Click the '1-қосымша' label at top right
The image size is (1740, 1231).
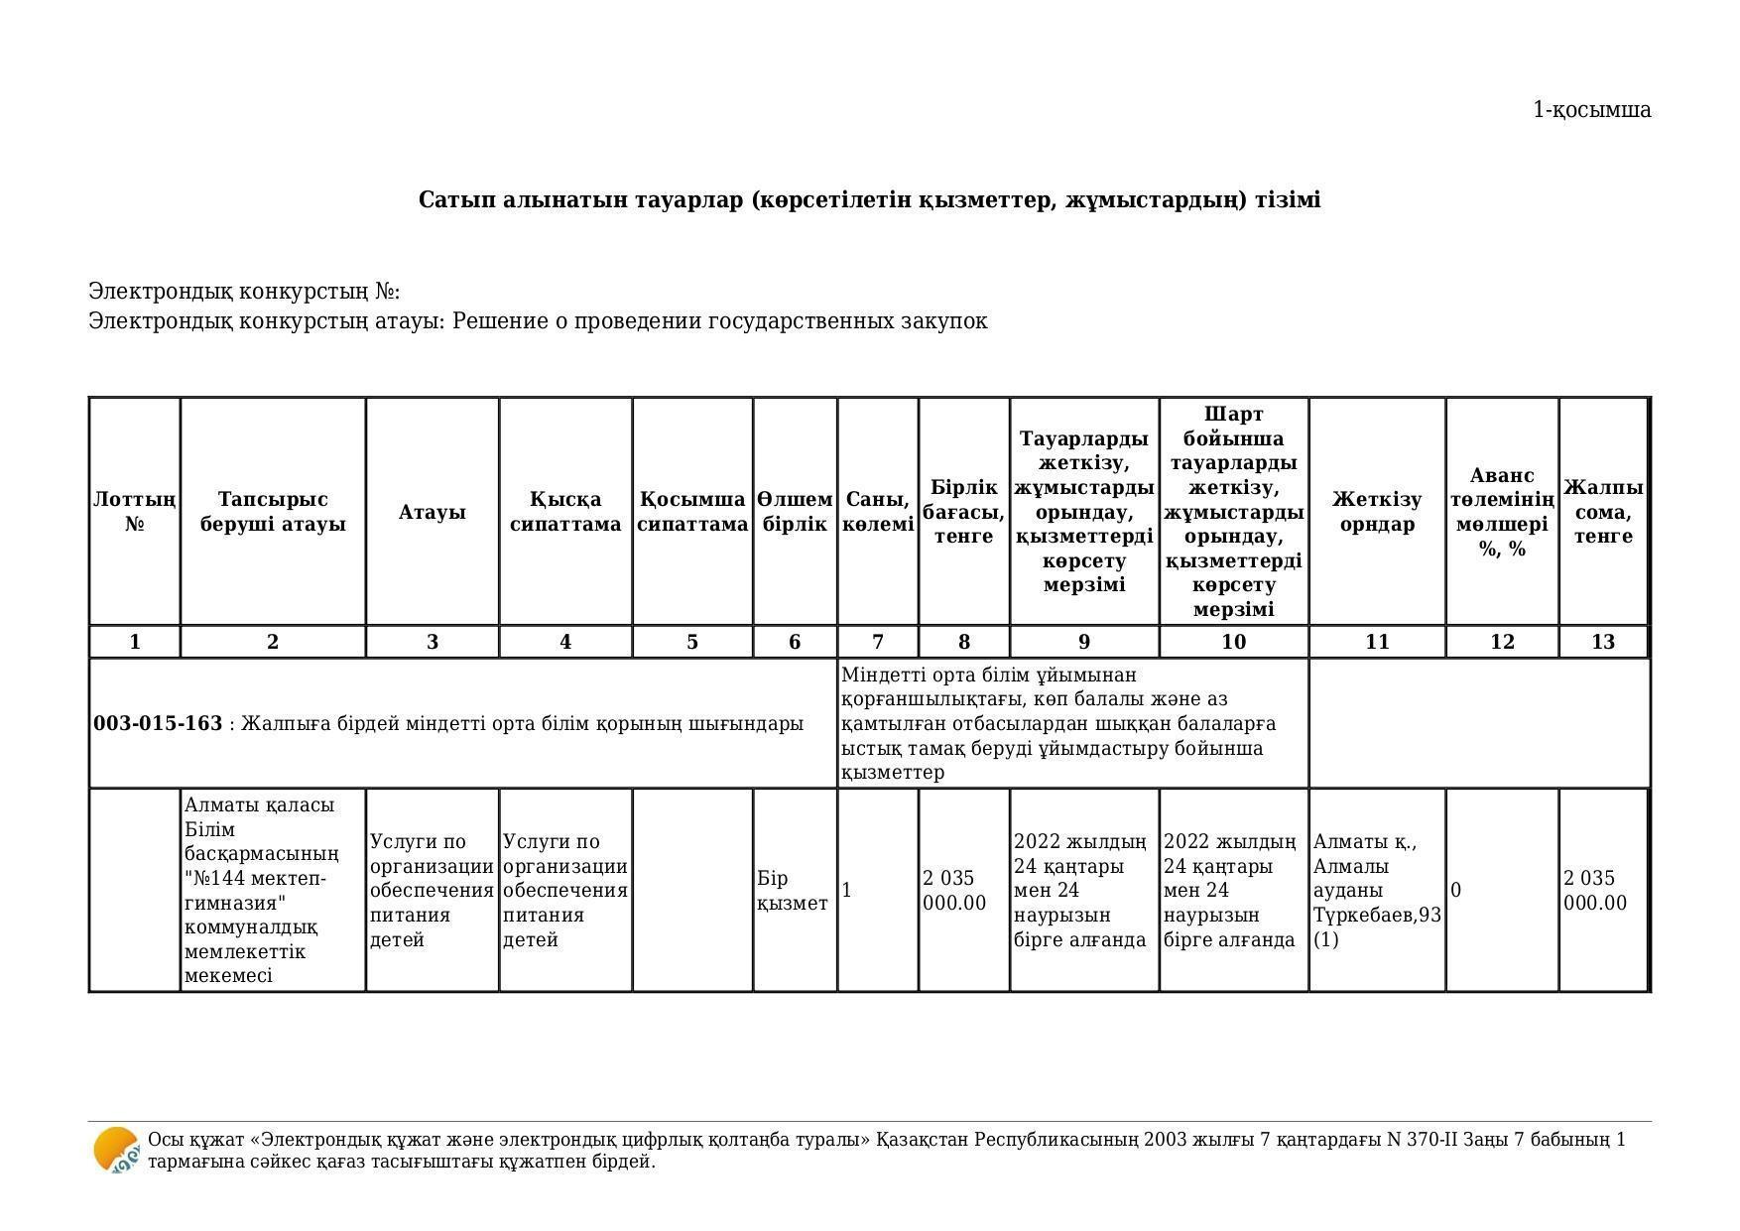1591,110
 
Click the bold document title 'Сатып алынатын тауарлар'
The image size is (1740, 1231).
869,200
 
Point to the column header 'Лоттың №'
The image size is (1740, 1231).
135,512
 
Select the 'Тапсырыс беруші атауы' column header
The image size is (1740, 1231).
273,512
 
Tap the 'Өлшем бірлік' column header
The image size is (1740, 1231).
795,512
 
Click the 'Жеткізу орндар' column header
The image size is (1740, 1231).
1376,512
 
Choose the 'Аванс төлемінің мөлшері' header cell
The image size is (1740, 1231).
1502,512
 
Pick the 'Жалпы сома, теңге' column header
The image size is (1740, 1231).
1603,512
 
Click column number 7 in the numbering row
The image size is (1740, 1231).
878,642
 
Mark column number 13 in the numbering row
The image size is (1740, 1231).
1603,642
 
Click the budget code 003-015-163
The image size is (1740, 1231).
158,724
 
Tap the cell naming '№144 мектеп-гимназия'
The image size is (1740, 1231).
273,890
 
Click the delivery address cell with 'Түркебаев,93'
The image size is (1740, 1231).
1376,890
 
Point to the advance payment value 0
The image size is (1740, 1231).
1456,891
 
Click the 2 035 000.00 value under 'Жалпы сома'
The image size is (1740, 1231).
1595,891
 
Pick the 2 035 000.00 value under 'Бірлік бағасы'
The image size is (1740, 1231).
954,891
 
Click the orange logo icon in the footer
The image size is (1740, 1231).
116,1151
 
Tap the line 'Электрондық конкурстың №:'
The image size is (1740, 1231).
244,292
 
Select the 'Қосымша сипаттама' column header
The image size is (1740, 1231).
692,512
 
